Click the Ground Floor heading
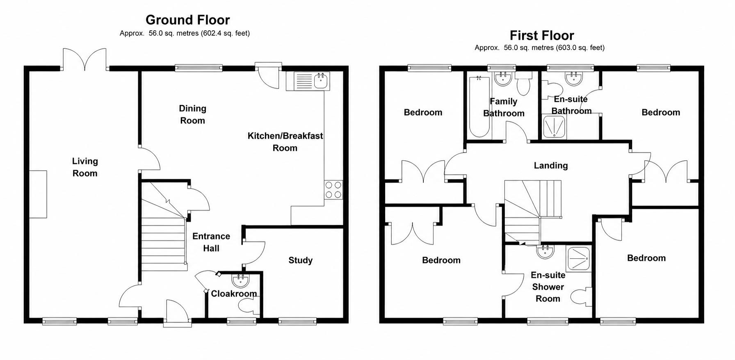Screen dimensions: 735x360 point(187,20)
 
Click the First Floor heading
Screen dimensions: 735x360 point(541,36)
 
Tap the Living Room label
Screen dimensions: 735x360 point(85,167)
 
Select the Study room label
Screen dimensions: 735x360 point(300,260)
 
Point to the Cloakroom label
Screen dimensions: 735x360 point(234,294)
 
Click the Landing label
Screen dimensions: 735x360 point(551,166)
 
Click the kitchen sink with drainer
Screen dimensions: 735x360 point(308,81)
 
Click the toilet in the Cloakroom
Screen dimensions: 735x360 point(249,305)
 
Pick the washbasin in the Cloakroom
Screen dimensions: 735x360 point(240,280)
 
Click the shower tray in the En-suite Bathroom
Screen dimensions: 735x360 point(554,127)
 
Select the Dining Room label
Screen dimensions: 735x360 point(192,114)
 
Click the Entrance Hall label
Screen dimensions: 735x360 point(211,242)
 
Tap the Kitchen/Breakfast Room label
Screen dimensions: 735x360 point(285,142)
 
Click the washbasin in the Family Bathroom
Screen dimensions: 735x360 point(502,79)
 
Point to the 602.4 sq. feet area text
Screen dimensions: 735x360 point(225,33)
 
